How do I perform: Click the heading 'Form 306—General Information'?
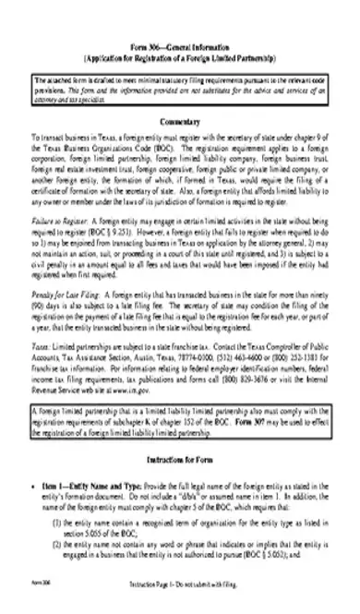[180, 44]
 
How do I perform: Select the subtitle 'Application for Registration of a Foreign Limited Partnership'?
[180, 54]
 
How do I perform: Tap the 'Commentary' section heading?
[180, 123]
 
